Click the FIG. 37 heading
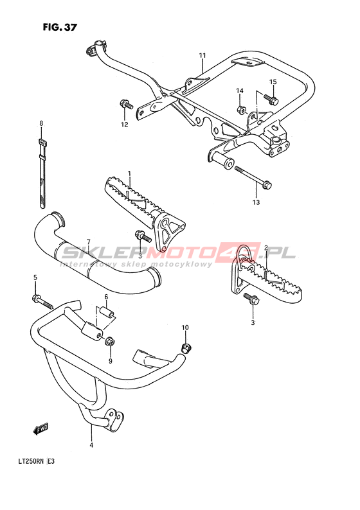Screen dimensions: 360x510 (x=60, y=28)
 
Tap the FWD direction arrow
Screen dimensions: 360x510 (x=41, y=428)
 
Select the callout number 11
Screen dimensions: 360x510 (x=203, y=55)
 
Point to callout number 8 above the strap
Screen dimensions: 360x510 (x=41, y=123)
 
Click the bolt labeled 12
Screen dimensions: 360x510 (x=126, y=105)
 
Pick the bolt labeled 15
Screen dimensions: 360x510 (x=271, y=98)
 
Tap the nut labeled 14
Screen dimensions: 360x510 (x=241, y=110)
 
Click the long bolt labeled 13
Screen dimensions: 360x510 (x=253, y=177)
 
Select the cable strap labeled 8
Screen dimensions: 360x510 (x=42, y=173)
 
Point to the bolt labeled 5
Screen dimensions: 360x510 (x=42, y=301)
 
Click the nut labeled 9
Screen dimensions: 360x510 (x=109, y=342)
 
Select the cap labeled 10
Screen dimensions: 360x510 (x=186, y=348)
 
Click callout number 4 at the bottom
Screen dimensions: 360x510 (x=91, y=445)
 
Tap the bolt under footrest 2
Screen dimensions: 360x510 (x=251, y=299)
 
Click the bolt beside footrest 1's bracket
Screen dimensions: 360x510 (x=143, y=236)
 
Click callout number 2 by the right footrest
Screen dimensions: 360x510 (x=266, y=248)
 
